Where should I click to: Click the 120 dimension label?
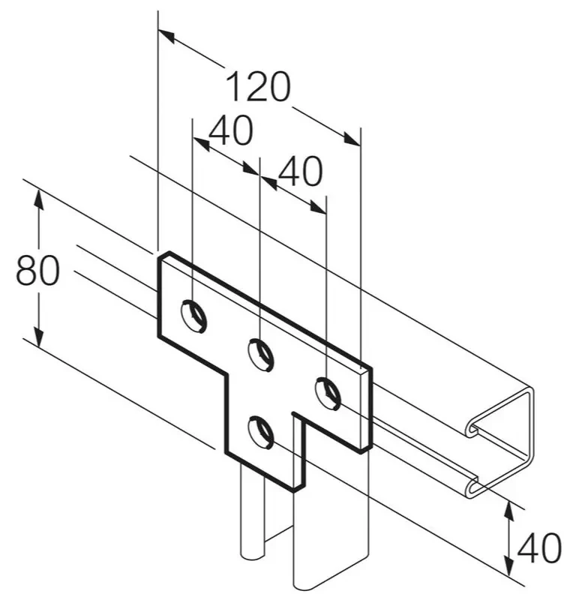(x=258, y=86)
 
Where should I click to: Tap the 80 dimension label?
(x=38, y=271)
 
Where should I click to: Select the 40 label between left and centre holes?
(x=231, y=130)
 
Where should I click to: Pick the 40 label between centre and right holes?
(x=300, y=171)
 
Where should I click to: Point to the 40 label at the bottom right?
(x=539, y=547)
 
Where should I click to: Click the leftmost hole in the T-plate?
(x=194, y=316)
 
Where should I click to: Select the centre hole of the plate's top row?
(x=261, y=355)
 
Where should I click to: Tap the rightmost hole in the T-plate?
(x=328, y=394)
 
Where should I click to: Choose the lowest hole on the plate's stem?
(x=261, y=432)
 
